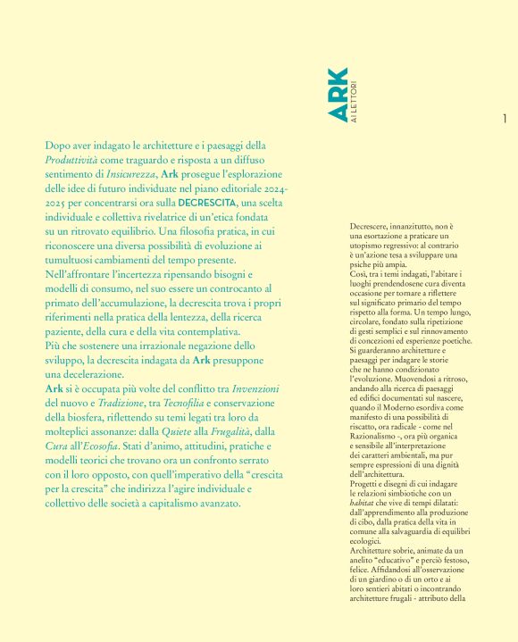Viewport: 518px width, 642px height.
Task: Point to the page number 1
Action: pos(505,119)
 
